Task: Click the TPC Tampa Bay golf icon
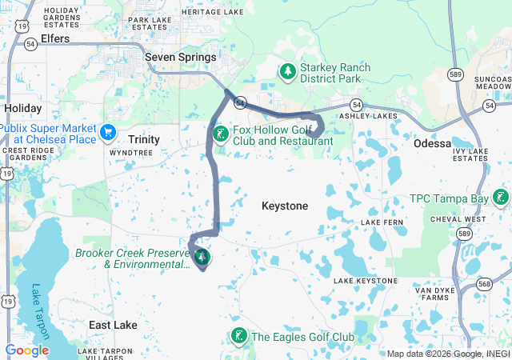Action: click(x=501, y=197)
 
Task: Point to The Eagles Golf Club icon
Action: click(x=238, y=337)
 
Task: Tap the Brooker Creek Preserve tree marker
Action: click(x=202, y=258)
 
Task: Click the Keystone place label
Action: click(x=285, y=206)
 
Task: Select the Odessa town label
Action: click(x=433, y=143)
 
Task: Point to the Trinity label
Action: click(x=145, y=139)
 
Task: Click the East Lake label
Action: click(x=113, y=326)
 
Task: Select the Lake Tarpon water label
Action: click(x=41, y=312)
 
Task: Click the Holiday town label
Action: click(x=22, y=108)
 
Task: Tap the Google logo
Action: click(x=26, y=350)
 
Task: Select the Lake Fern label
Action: click(x=381, y=222)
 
